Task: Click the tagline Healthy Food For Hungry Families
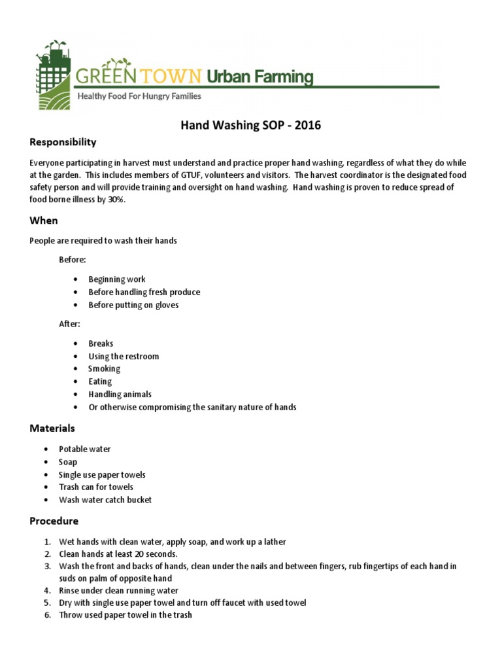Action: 139,96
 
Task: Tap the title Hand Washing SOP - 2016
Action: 250,125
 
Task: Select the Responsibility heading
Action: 63,142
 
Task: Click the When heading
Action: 44,220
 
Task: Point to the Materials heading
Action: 52,429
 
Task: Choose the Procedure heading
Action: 54,521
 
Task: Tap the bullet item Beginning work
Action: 117,279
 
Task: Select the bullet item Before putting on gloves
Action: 133,305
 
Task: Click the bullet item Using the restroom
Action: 124,357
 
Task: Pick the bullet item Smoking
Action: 105,369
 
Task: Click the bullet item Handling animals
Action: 120,395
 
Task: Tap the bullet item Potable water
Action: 85,450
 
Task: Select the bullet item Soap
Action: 68,462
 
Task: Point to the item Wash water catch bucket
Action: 105,500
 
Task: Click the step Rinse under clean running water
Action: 118,590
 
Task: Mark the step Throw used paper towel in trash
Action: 125,615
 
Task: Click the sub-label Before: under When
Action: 73,260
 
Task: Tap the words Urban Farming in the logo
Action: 259,77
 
